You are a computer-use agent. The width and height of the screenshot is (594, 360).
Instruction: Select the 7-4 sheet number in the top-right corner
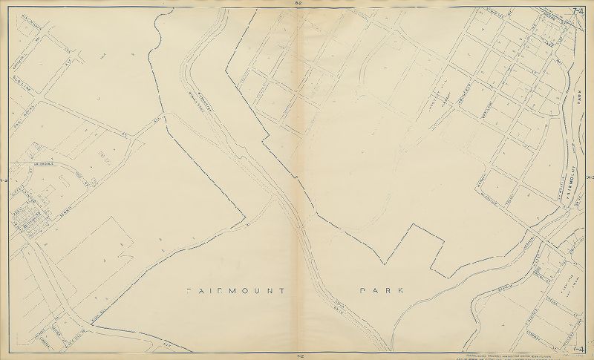pyautogui.click(x=578, y=8)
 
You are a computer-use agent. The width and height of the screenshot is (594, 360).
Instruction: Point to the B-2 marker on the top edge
pyautogui.click(x=297, y=4)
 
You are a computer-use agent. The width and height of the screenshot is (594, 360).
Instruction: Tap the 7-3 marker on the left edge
pyautogui.click(x=4, y=180)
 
